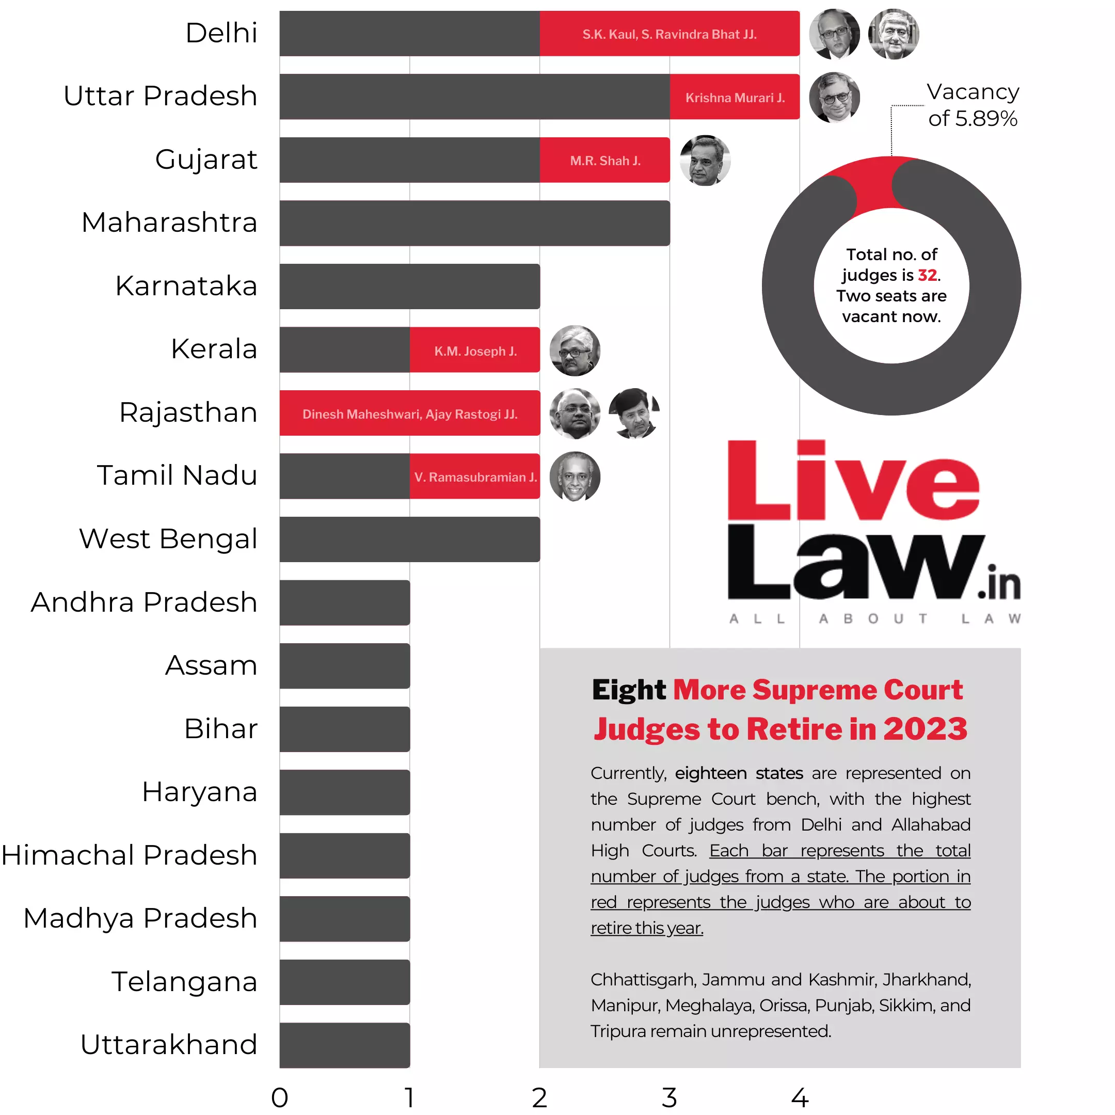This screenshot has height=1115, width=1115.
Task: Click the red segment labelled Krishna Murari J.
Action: pos(734,97)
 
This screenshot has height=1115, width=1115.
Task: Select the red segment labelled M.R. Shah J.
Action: pos(605,161)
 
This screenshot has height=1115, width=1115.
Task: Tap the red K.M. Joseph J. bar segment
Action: pos(475,351)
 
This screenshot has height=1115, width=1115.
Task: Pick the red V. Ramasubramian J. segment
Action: pos(475,476)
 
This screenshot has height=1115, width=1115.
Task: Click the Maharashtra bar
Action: pos(474,224)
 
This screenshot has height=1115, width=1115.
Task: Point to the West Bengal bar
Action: pos(410,539)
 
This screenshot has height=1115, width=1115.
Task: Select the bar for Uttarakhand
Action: pos(344,1045)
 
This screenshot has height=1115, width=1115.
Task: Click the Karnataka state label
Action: pos(186,285)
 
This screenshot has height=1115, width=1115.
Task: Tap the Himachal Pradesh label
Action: pos(129,855)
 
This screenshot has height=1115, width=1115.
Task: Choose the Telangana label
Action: pos(184,982)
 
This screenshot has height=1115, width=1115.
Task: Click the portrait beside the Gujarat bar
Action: pos(705,161)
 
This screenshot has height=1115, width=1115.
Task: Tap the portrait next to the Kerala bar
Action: pos(575,351)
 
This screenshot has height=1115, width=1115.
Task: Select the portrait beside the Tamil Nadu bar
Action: pos(575,476)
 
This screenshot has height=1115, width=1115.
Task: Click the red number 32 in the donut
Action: pos(927,275)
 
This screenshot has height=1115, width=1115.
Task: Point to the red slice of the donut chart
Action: pos(875,185)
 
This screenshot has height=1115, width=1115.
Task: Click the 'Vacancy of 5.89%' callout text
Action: pos(973,105)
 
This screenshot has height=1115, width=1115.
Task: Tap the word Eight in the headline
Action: pos(629,690)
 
